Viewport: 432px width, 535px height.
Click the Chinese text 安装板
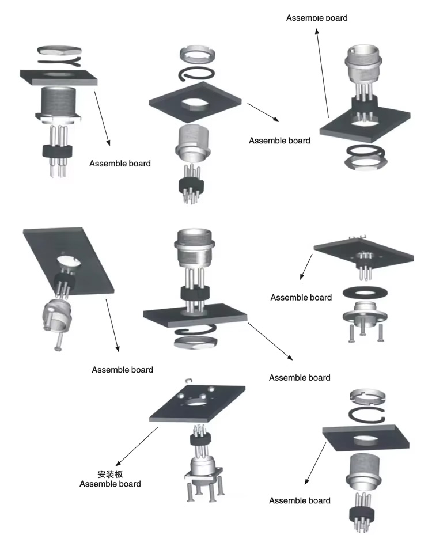(x=109, y=475)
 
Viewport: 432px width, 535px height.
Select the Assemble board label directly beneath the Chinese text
(x=109, y=484)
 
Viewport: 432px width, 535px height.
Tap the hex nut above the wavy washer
(x=57, y=50)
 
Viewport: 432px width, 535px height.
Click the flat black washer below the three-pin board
(x=363, y=291)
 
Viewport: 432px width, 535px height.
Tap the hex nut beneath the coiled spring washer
(x=195, y=343)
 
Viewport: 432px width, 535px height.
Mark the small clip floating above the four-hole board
(x=188, y=381)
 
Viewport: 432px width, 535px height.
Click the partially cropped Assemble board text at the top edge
(x=317, y=17)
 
